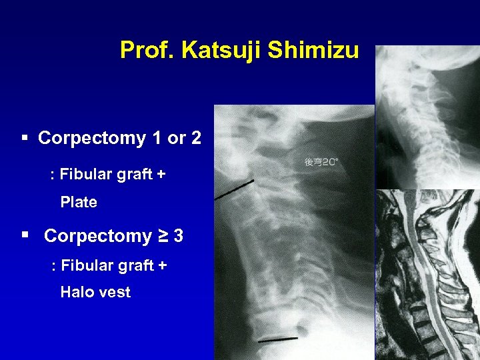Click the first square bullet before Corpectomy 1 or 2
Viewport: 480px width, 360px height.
(25, 138)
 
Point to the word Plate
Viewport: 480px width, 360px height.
(79, 202)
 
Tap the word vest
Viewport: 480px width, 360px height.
(115, 292)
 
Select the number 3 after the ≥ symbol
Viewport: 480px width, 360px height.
(179, 236)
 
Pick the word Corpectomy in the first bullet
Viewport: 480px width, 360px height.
(92, 138)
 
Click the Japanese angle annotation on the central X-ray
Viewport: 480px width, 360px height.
(322, 162)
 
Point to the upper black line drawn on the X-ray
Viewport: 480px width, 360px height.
(235, 190)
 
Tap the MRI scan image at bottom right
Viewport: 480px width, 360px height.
(427, 273)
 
